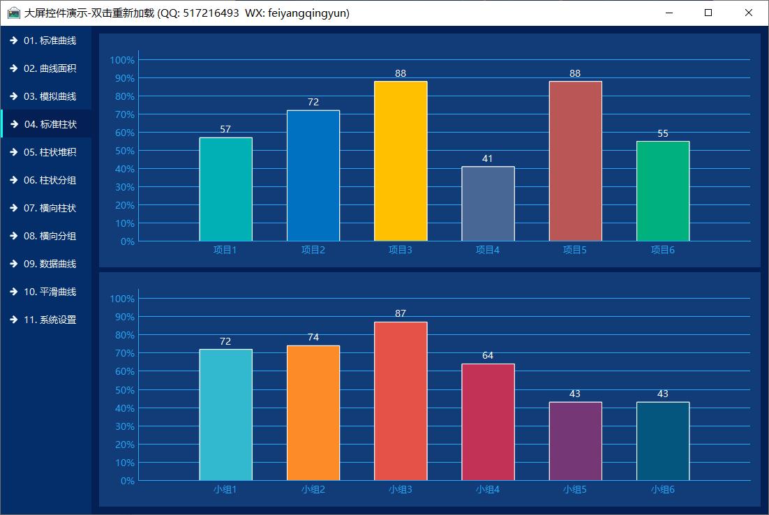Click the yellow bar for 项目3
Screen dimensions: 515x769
401,161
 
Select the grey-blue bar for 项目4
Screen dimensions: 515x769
488,204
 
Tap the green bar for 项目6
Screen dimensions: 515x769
662,191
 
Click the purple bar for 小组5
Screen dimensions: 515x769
575,441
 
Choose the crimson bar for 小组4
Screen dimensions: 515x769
488,422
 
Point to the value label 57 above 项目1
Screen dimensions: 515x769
225,129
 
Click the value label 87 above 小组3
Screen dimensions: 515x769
401,314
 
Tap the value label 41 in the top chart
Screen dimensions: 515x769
488,158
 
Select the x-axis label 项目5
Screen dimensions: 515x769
575,250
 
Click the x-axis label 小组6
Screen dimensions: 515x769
662,490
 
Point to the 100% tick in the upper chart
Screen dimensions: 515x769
122,60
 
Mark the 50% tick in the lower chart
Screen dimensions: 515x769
122,390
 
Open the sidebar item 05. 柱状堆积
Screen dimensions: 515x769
50,152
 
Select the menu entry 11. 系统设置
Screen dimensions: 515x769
50,320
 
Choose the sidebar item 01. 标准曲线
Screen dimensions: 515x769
50,40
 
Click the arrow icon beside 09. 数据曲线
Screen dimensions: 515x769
13,264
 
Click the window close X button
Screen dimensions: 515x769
749,13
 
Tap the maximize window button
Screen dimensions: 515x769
708,13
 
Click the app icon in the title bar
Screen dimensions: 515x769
13,13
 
